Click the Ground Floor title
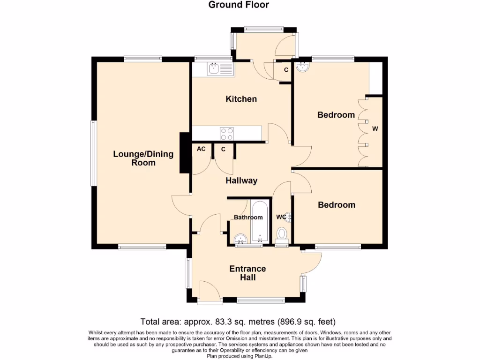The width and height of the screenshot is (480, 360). pos(239,5)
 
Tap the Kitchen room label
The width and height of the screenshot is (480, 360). pos(241,99)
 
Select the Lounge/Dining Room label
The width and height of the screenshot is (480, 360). pos(143,158)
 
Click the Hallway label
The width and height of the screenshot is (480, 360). pos(241,180)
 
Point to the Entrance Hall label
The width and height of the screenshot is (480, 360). pos(247,273)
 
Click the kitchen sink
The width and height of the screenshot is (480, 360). pos(214,69)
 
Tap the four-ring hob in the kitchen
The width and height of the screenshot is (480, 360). pos(227,134)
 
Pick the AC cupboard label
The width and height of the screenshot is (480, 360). pos(201,149)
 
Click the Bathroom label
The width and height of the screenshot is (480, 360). pos(248,217)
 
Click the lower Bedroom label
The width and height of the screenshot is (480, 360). pos(337,205)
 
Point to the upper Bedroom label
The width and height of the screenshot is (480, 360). pos(336,115)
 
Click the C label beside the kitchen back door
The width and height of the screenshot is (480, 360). pos(286,70)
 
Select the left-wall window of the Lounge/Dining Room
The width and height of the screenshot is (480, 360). pos(93,153)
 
